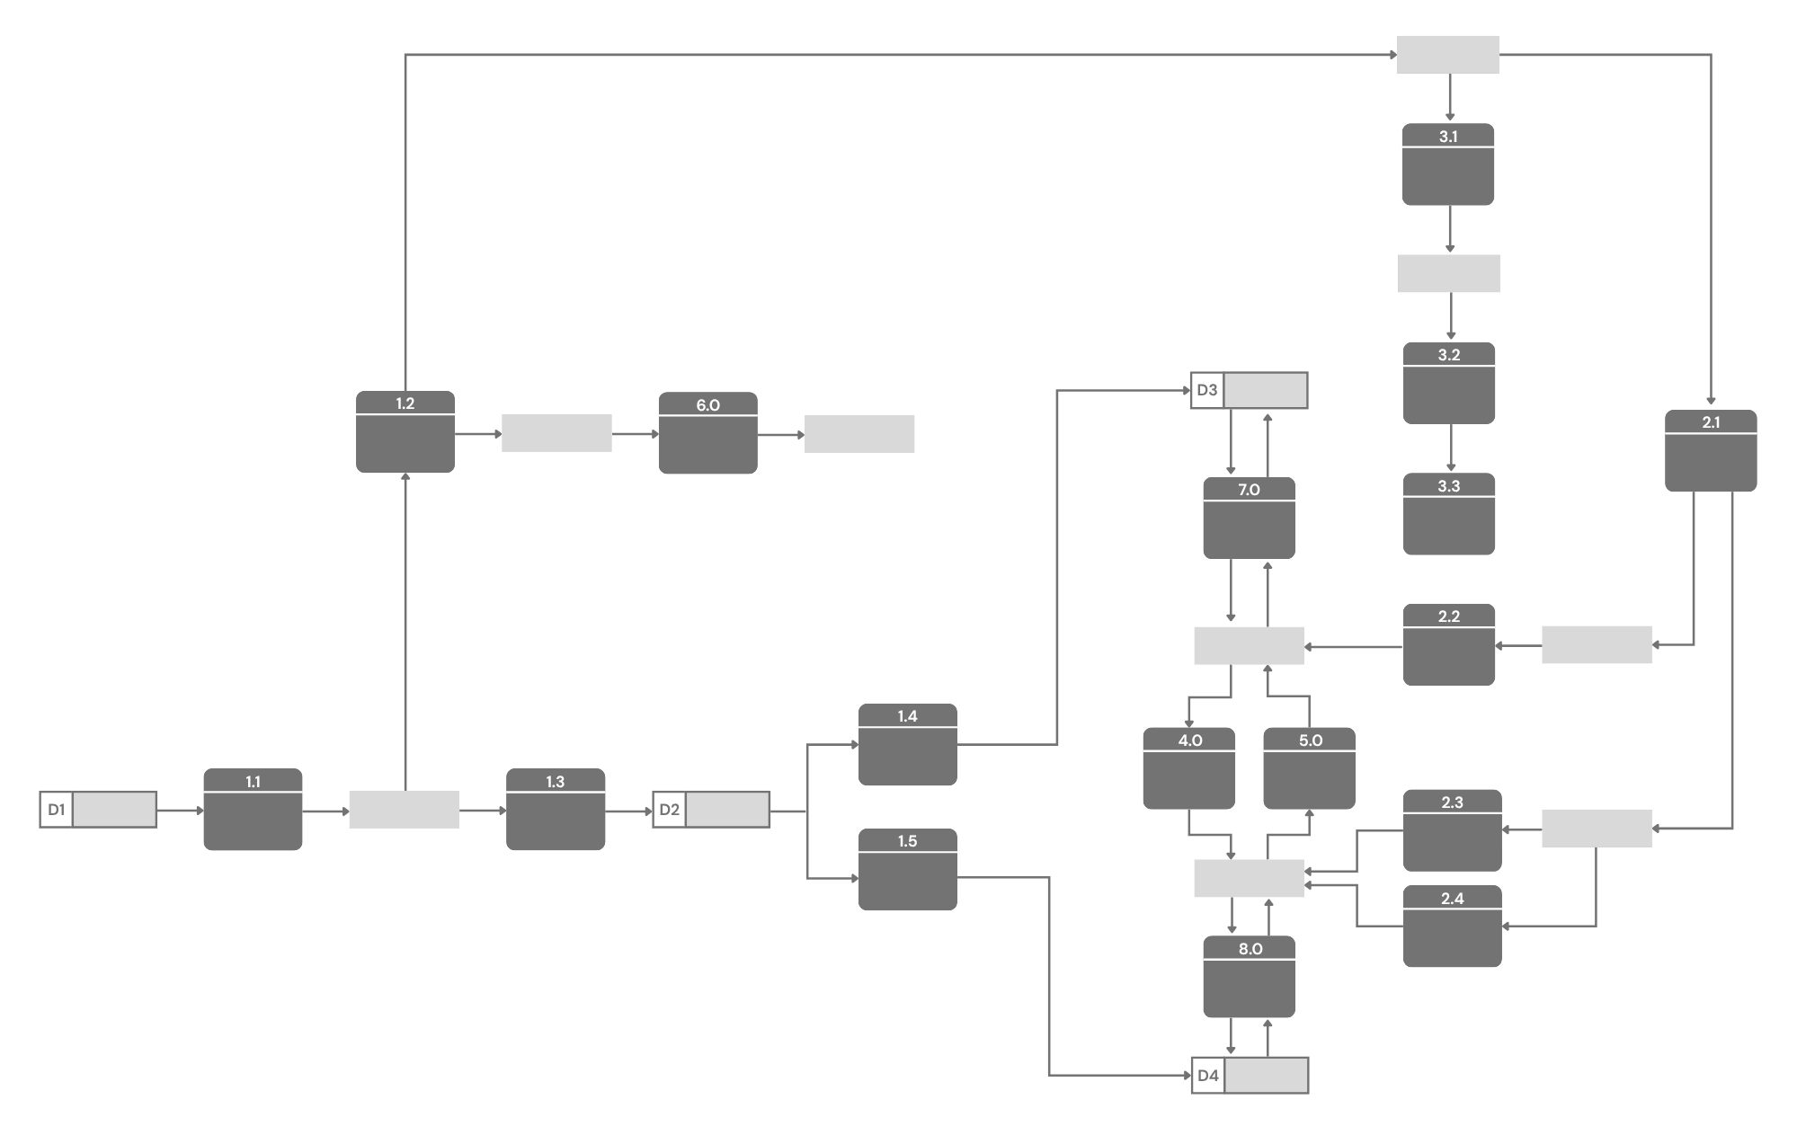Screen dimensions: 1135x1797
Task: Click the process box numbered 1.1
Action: [253, 810]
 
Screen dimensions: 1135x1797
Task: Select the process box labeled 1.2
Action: [405, 432]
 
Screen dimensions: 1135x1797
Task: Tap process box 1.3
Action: [556, 810]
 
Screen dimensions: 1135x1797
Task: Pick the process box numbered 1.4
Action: [907, 745]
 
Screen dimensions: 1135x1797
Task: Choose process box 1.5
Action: [907, 870]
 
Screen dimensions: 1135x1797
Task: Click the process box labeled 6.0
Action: [707, 433]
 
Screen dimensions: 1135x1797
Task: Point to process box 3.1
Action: [1448, 164]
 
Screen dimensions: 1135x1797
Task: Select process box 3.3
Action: [1449, 514]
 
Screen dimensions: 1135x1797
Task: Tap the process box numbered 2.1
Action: [1711, 451]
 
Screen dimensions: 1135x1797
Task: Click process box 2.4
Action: [1452, 927]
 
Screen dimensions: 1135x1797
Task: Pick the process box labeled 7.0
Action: [1249, 518]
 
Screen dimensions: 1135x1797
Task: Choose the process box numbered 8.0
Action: [1250, 977]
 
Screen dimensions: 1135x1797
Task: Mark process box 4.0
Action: [1189, 768]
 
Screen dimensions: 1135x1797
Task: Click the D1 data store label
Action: [57, 810]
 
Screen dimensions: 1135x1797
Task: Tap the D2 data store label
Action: [670, 810]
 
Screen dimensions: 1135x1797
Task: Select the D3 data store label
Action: [1207, 391]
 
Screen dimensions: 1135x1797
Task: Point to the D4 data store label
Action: [1208, 1076]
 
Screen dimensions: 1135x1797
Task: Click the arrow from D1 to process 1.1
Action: [180, 810]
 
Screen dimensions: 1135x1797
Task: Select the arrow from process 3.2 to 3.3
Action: [1450, 448]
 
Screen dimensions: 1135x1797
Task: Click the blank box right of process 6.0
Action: [859, 433]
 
